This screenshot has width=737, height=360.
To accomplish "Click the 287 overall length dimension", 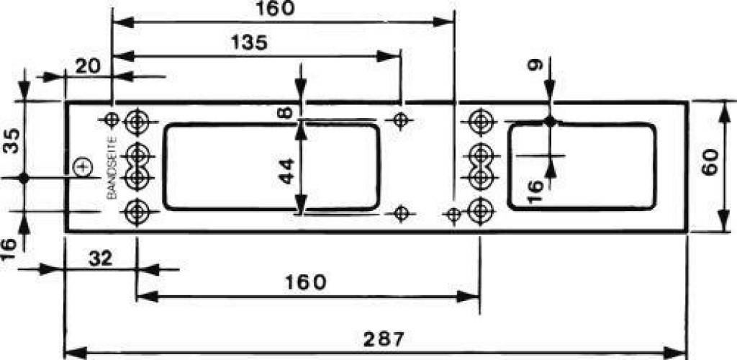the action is click(384, 338).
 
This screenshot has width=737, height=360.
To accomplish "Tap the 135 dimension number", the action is click(249, 42).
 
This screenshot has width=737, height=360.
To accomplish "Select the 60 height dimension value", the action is click(710, 162).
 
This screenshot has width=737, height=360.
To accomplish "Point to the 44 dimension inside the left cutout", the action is click(286, 171).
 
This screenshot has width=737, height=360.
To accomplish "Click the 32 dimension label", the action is click(100, 258).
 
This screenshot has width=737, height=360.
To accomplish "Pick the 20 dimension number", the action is click(88, 66).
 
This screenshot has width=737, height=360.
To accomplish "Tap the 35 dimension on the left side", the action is click(13, 140).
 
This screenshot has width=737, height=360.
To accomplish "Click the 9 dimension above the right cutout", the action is click(535, 65).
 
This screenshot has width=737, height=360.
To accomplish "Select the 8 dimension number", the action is click(286, 113).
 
